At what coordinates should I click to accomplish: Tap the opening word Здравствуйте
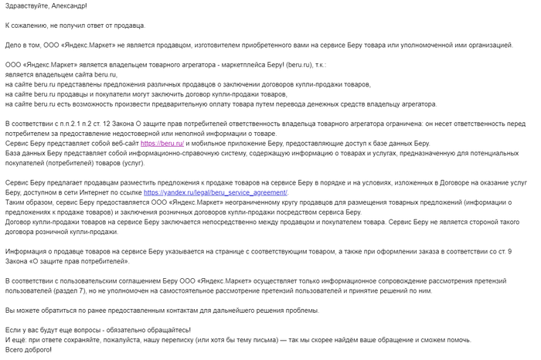click(x=24, y=6)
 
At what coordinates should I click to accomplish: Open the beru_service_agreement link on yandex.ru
click(x=216, y=192)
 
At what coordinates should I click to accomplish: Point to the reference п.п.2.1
click(x=75, y=124)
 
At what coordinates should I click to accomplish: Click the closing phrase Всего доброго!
click(x=29, y=350)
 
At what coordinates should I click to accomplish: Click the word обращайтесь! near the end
click(x=147, y=330)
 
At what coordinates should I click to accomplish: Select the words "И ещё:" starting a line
click(x=16, y=340)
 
